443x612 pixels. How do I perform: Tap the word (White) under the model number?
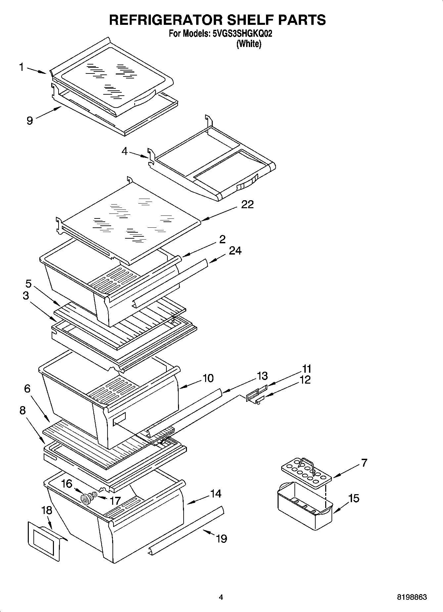pyautogui.click(x=248, y=44)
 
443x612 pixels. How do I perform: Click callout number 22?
pyautogui.click(x=247, y=205)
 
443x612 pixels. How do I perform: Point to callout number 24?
pyautogui.click(x=235, y=251)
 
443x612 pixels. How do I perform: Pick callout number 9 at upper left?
pyautogui.click(x=30, y=121)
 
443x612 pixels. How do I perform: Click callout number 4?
pyautogui.click(x=124, y=151)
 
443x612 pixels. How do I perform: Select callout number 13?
pyautogui.click(x=262, y=376)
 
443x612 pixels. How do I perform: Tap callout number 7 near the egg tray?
pyautogui.click(x=364, y=462)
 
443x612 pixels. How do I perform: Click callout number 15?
pyautogui.click(x=354, y=498)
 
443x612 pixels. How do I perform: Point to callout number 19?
pyautogui.click(x=221, y=539)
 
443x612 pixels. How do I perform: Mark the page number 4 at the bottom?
pyautogui.click(x=221, y=597)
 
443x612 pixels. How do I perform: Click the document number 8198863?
pyautogui.click(x=412, y=597)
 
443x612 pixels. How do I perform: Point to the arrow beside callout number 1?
pyautogui.click(x=36, y=71)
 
